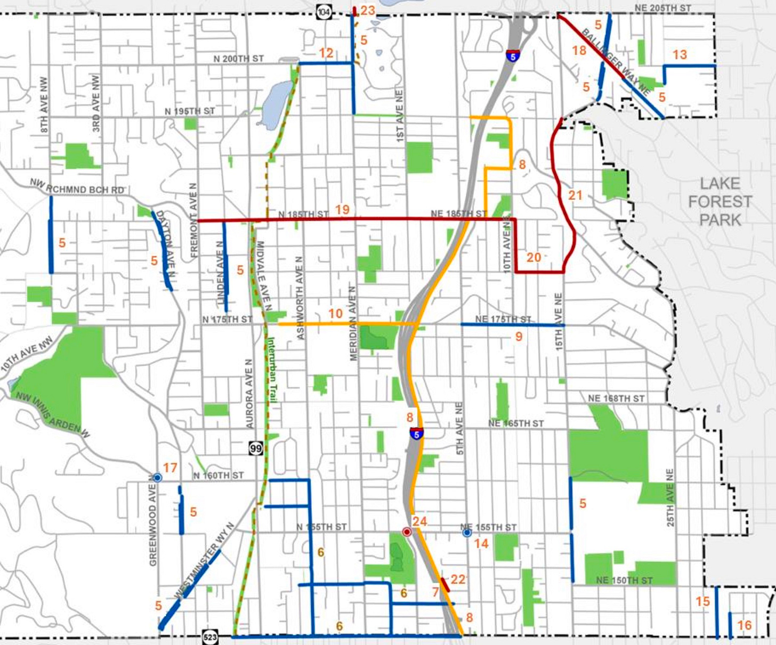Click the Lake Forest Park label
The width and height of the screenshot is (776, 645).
[x=720, y=202]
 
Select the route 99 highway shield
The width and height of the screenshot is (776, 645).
[x=256, y=448]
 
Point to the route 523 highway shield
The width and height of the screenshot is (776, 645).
[x=210, y=637]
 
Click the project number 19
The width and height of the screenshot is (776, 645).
[x=342, y=209]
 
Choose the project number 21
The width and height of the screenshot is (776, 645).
[x=575, y=195]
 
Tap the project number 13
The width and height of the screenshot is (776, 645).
[x=680, y=54]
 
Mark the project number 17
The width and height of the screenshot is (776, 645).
[x=170, y=468]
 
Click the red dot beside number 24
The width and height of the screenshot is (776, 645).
[x=407, y=532]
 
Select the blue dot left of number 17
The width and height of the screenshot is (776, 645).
[x=157, y=477]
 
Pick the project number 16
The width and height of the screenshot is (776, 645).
[x=744, y=625]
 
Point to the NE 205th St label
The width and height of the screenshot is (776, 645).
[x=663, y=8]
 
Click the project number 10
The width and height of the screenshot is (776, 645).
[x=335, y=314]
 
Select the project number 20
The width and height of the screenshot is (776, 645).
[x=533, y=258]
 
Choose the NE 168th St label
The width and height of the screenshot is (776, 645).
[x=616, y=398]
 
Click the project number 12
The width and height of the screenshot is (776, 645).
[x=326, y=53]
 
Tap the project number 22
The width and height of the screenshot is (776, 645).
[x=458, y=579]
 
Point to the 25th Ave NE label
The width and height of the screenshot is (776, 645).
[x=670, y=497]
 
